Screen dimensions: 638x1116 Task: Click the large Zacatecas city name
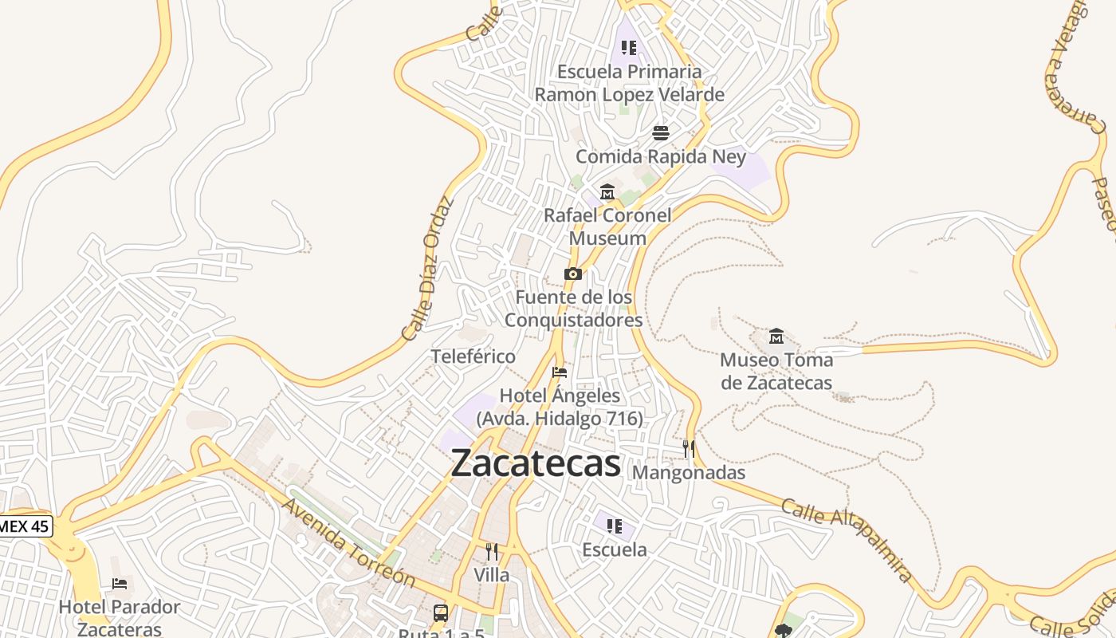pyautogui.click(x=536, y=463)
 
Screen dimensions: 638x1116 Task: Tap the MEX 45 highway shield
pyautogui.click(x=25, y=526)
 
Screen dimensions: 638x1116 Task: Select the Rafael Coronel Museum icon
pyautogui.click(x=607, y=192)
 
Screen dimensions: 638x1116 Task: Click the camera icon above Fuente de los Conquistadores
pyautogui.click(x=572, y=274)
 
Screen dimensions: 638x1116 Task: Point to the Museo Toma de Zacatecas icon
pyautogui.click(x=776, y=337)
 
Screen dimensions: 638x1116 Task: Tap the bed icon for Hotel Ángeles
pyautogui.click(x=560, y=372)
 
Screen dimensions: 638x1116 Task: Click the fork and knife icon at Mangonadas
pyautogui.click(x=689, y=449)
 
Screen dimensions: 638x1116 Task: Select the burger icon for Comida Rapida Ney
pyautogui.click(x=661, y=132)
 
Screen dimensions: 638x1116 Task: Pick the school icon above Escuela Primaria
pyautogui.click(x=629, y=48)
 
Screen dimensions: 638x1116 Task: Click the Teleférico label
pyautogui.click(x=474, y=356)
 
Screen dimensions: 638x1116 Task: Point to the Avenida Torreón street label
pyautogui.click(x=348, y=542)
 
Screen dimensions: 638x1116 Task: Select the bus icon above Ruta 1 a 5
pyautogui.click(x=441, y=612)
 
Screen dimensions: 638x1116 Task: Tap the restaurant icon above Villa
pyautogui.click(x=492, y=552)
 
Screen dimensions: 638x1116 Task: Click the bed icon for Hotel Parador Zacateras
pyautogui.click(x=120, y=584)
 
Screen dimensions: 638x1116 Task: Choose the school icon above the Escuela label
pyautogui.click(x=614, y=526)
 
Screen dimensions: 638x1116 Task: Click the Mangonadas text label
pyautogui.click(x=689, y=473)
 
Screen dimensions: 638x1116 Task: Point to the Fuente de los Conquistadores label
pyautogui.click(x=573, y=309)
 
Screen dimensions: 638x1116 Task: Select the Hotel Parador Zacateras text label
pyautogui.click(x=120, y=618)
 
